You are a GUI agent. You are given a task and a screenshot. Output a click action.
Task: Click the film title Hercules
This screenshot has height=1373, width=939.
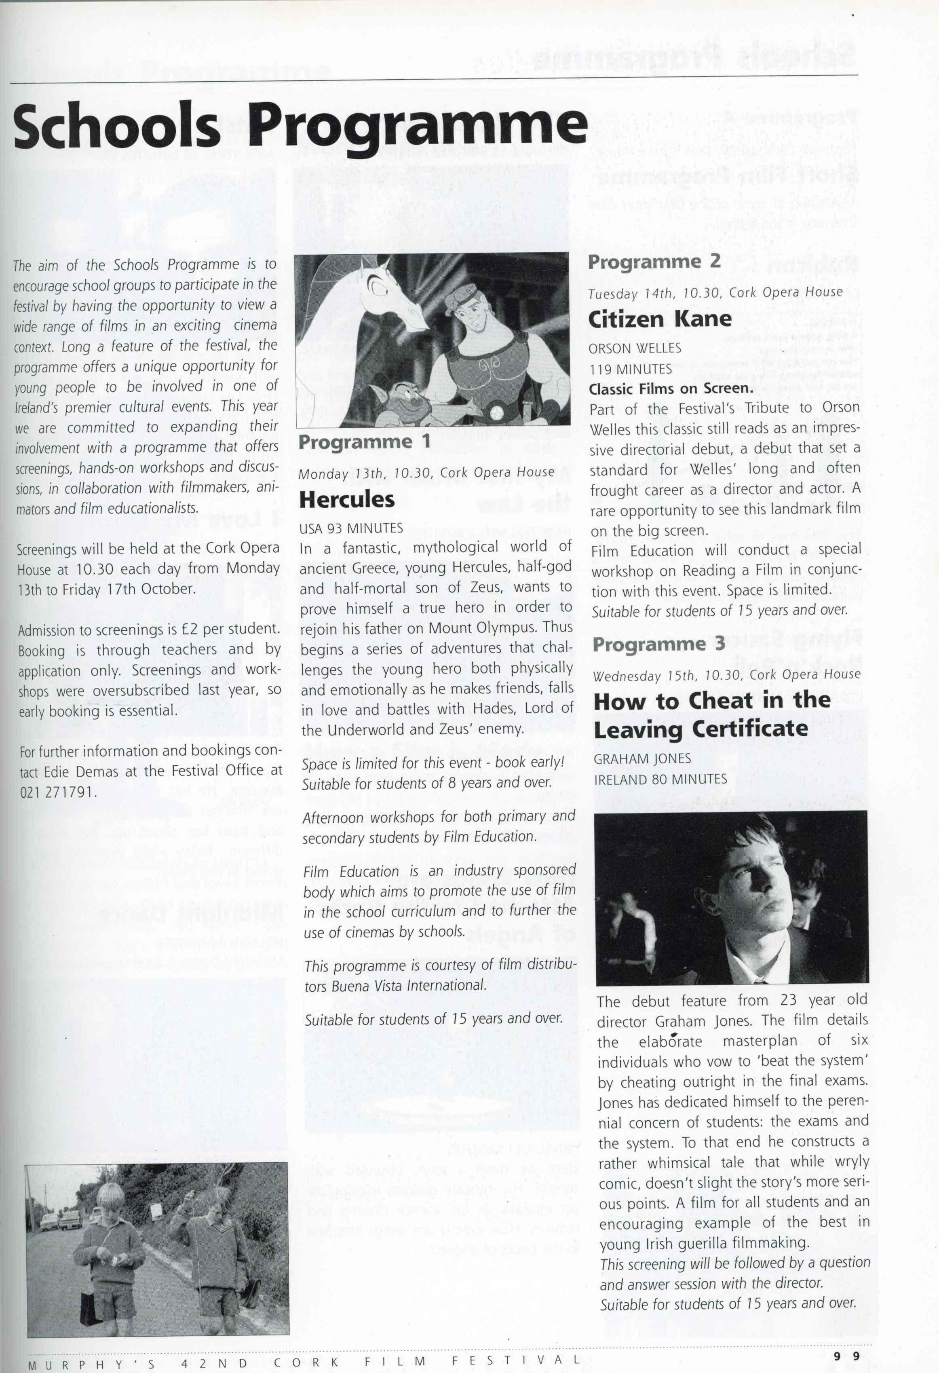click(347, 500)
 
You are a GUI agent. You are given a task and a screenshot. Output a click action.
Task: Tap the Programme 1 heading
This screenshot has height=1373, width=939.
click(364, 442)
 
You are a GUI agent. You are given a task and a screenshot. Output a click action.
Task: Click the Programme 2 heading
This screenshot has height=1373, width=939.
click(654, 262)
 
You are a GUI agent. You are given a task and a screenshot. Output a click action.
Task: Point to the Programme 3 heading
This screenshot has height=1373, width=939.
click(658, 644)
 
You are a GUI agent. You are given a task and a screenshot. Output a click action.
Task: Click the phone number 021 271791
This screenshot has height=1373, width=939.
click(57, 792)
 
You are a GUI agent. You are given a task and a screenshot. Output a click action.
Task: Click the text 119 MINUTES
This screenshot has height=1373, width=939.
click(630, 369)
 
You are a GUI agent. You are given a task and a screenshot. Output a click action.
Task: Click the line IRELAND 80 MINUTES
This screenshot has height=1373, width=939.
click(660, 779)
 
